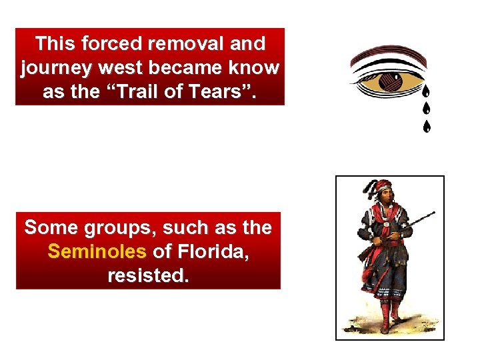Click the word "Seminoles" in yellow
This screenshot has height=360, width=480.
pyautogui.click(x=97, y=251)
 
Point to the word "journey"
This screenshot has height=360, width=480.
pyautogui.click(x=59, y=67)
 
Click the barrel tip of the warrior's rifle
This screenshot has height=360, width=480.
pyautogui.click(x=433, y=213)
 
